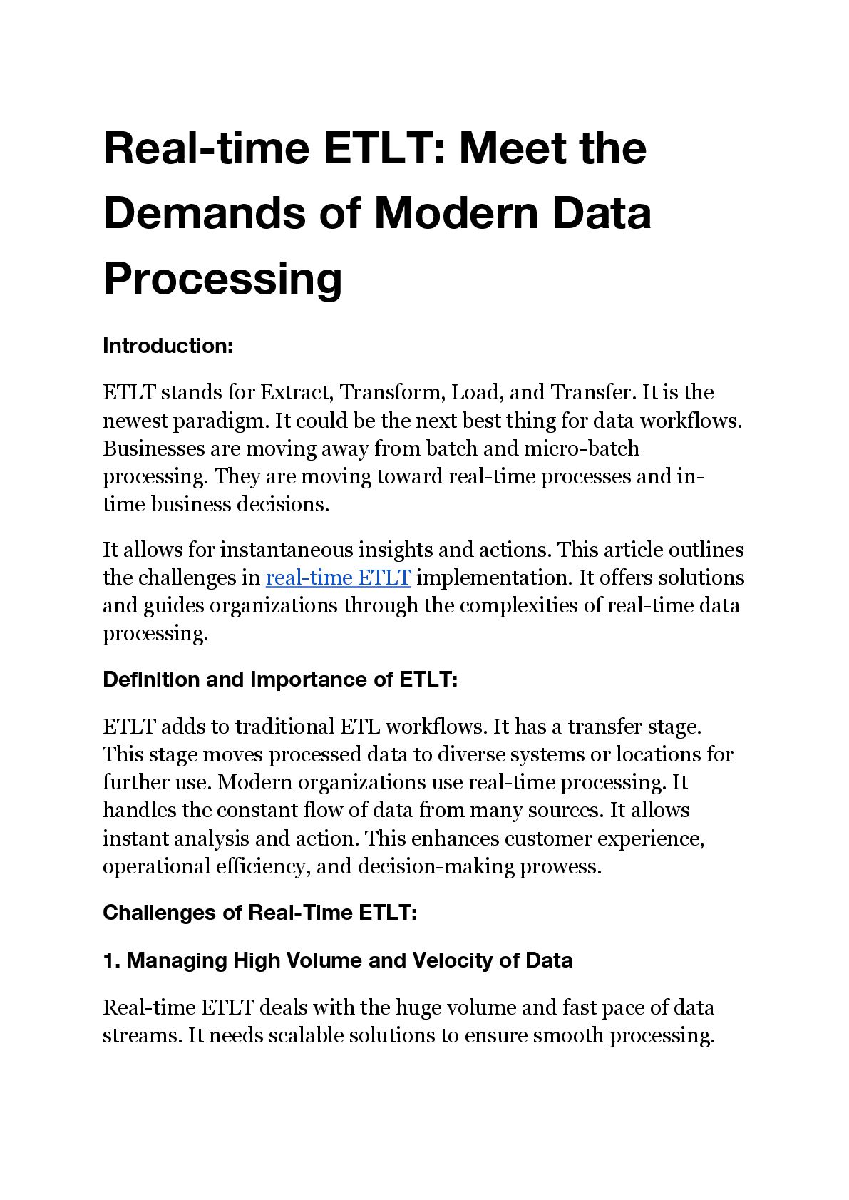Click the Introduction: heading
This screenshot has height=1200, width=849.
click(x=168, y=346)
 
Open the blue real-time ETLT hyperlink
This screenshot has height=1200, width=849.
click(x=338, y=578)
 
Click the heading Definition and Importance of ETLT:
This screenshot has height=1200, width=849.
click(x=279, y=680)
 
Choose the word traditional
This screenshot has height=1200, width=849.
click(x=284, y=727)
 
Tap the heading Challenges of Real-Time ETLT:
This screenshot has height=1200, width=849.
click(x=259, y=913)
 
